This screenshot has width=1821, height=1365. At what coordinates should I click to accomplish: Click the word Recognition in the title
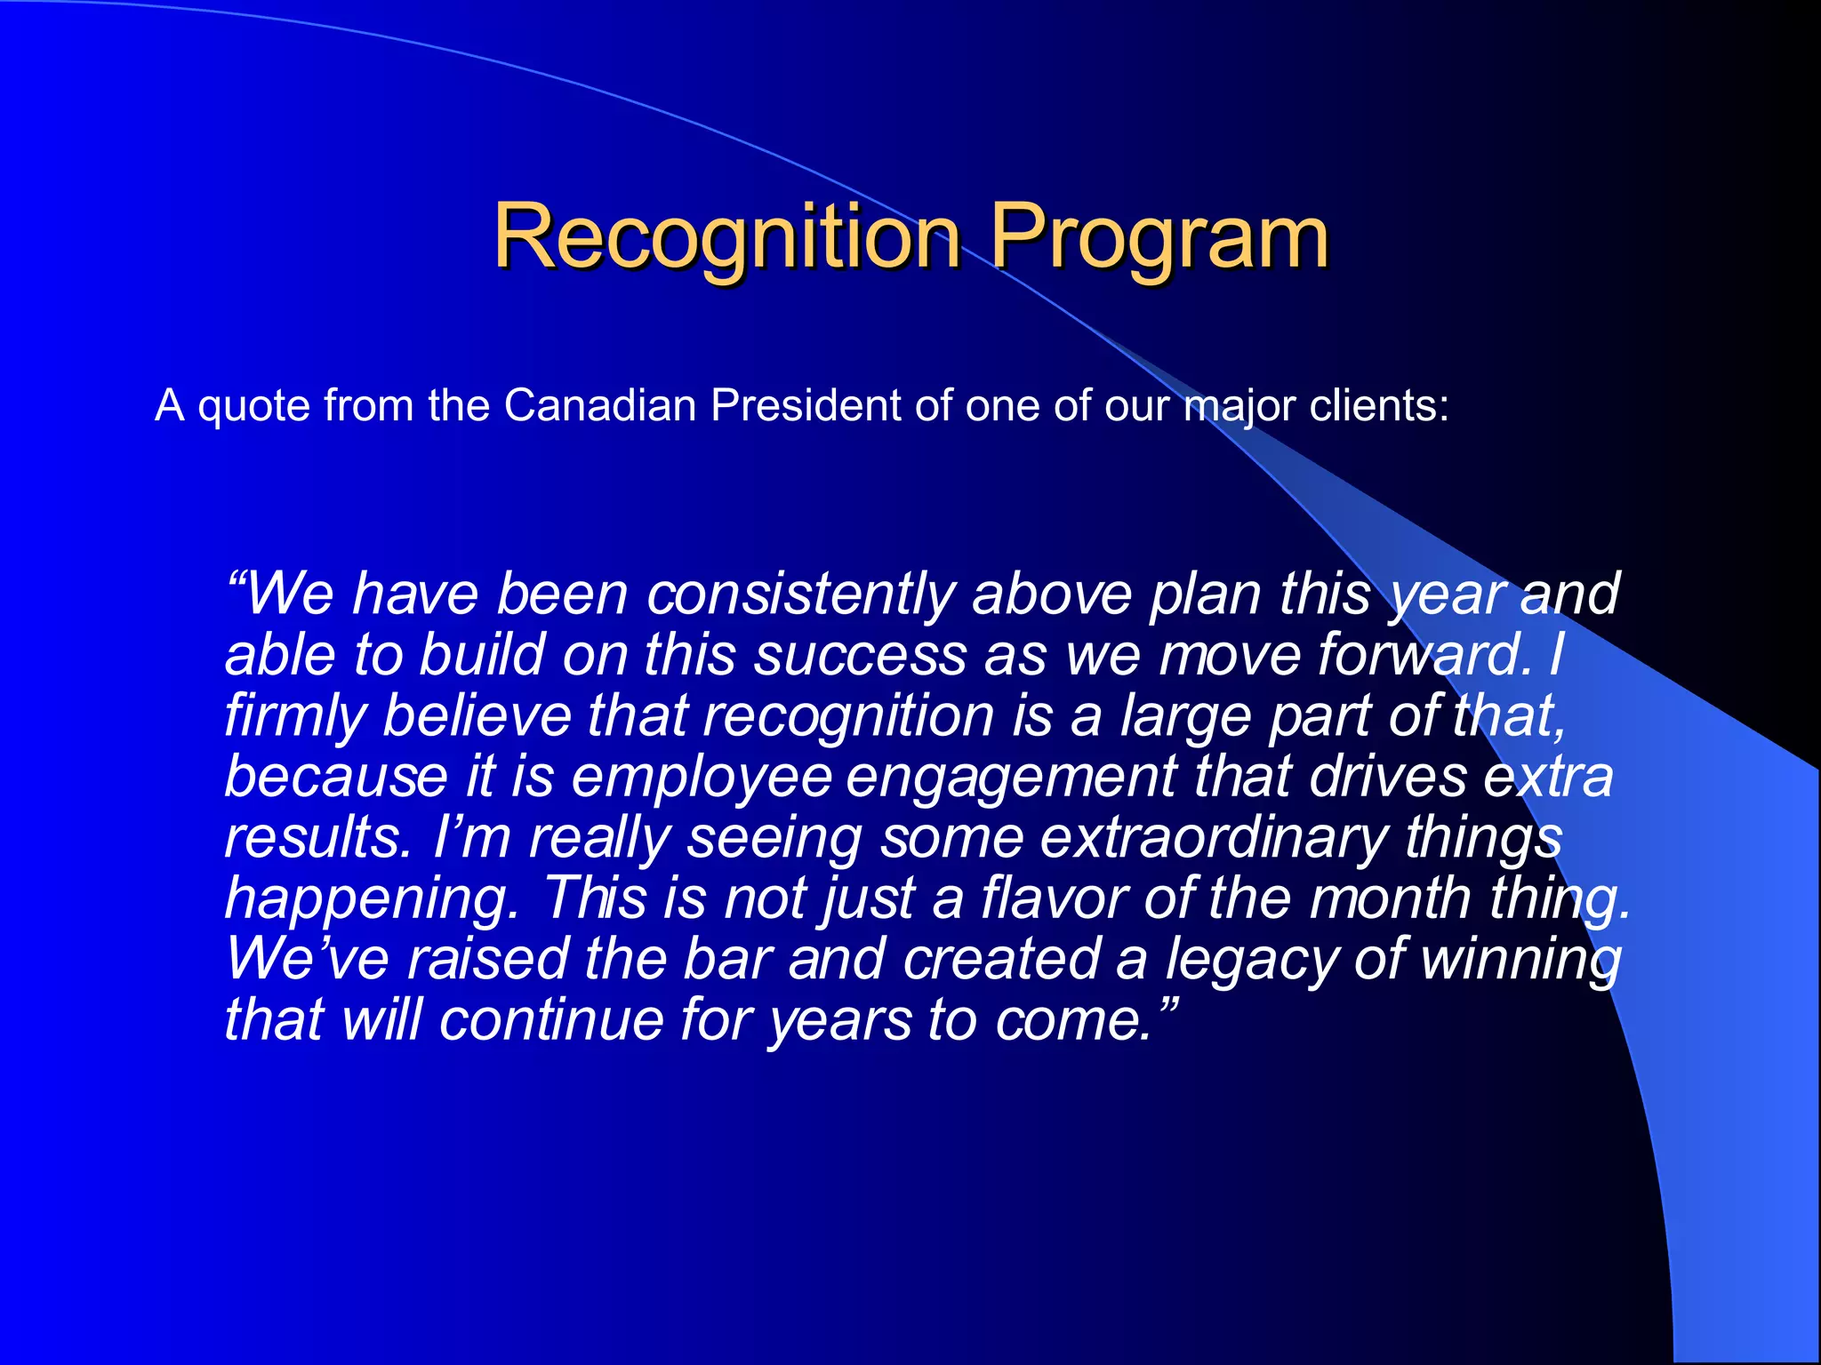click(x=726, y=236)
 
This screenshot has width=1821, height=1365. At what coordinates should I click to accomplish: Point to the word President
click(x=806, y=406)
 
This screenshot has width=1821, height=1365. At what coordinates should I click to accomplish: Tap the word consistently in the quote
click(x=799, y=594)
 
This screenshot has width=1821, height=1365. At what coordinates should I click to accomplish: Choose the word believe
click(x=477, y=715)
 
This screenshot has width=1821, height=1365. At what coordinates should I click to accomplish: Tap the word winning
click(x=1521, y=960)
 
